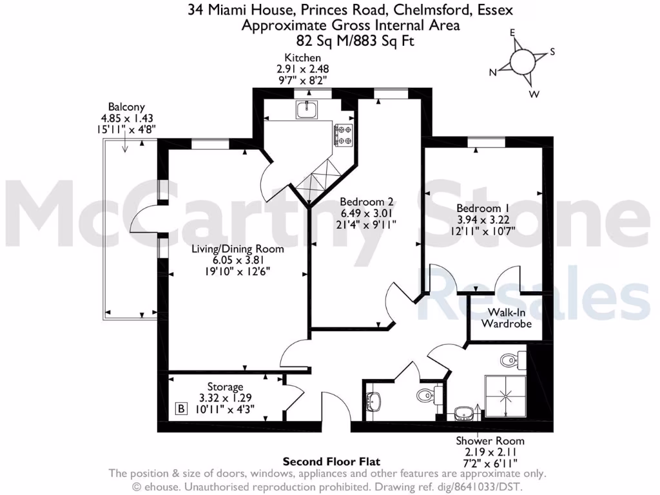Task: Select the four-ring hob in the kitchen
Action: pos(344,135)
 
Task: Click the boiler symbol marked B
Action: pos(182,408)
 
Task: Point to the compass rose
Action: pos(522,62)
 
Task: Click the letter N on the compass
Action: pos(493,73)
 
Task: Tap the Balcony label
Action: pos(126,107)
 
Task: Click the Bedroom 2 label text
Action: pos(366,200)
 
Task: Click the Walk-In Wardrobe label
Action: pos(509,318)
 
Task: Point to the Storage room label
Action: pos(225,387)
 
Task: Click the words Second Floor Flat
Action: pos(331,461)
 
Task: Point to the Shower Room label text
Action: pos(490,441)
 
